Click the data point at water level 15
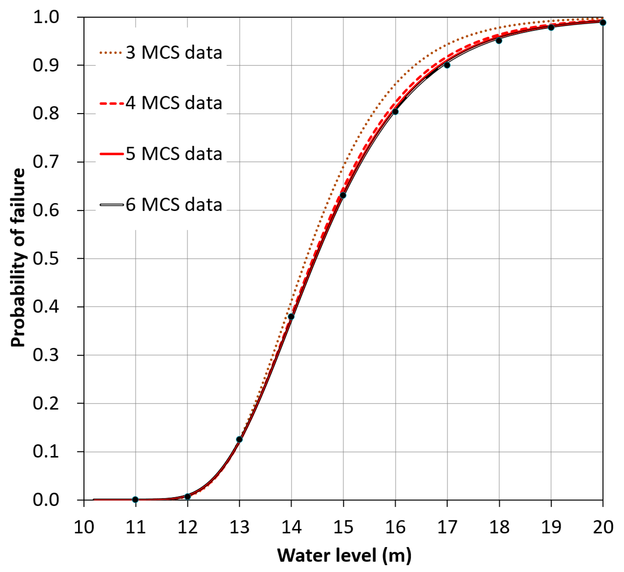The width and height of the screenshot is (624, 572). tap(343, 195)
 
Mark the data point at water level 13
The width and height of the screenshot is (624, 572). tap(239, 439)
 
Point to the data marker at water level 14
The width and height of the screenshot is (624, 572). tap(291, 317)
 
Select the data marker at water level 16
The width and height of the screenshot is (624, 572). tap(395, 112)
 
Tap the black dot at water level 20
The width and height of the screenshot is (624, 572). tap(603, 23)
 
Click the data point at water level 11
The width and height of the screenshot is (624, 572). tap(135, 499)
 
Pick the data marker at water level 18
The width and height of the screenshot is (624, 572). tap(499, 40)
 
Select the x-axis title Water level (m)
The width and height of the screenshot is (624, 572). tap(344, 555)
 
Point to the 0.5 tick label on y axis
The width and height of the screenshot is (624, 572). tap(46, 259)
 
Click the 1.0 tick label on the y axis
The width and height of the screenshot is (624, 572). tap(46, 17)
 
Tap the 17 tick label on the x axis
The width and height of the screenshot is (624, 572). tap(447, 527)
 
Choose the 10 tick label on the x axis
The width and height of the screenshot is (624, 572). tap(84, 527)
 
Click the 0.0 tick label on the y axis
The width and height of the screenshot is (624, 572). tap(46, 500)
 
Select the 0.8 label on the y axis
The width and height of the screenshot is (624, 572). tap(46, 113)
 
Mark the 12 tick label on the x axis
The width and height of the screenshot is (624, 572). tap(188, 527)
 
